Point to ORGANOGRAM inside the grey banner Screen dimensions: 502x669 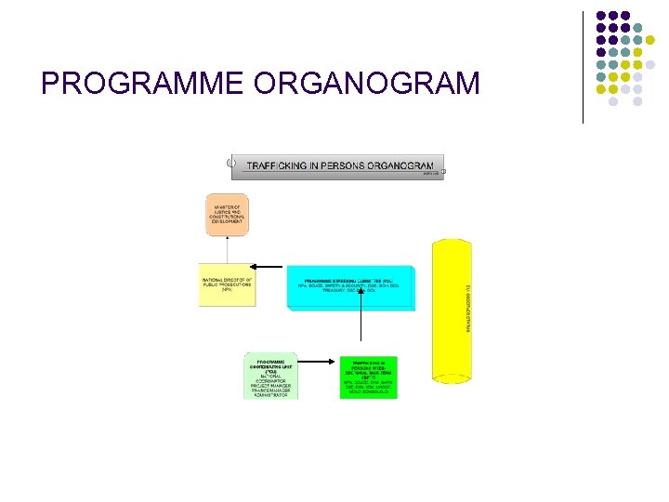[400, 165]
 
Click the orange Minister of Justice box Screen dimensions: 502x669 [228, 215]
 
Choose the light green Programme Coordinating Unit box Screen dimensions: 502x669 [270, 376]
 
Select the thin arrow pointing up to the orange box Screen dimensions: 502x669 [228, 251]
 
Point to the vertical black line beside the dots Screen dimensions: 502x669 [583, 67]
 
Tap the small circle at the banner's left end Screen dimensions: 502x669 [231, 163]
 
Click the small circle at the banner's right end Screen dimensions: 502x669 [443, 172]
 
